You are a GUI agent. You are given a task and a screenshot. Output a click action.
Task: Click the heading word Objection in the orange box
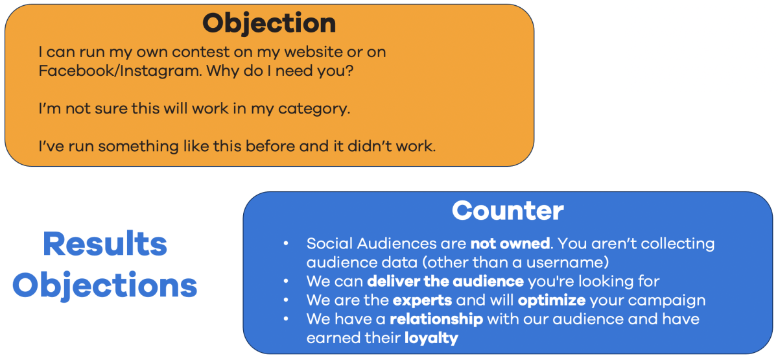click(269, 24)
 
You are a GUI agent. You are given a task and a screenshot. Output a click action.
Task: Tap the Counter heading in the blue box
click(508, 210)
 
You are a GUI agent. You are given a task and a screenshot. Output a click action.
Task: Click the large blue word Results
click(105, 245)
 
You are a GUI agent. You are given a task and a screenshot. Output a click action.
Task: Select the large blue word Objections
click(105, 285)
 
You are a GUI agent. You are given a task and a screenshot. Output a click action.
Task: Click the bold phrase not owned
click(510, 244)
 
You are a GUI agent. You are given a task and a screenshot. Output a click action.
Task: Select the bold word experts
click(423, 300)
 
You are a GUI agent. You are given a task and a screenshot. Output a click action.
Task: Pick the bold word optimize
click(552, 300)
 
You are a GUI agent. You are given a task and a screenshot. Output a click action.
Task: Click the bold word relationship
click(436, 319)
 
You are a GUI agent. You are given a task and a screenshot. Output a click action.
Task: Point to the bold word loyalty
click(430, 338)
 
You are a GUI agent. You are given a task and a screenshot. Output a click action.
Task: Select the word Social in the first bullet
click(327, 244)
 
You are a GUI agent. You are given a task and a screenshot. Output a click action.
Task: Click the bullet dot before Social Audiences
click(287, 244)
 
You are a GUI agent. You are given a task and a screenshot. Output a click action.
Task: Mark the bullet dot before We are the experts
click(287, 300)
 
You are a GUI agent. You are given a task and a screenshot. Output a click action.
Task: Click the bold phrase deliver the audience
click(445, 282)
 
